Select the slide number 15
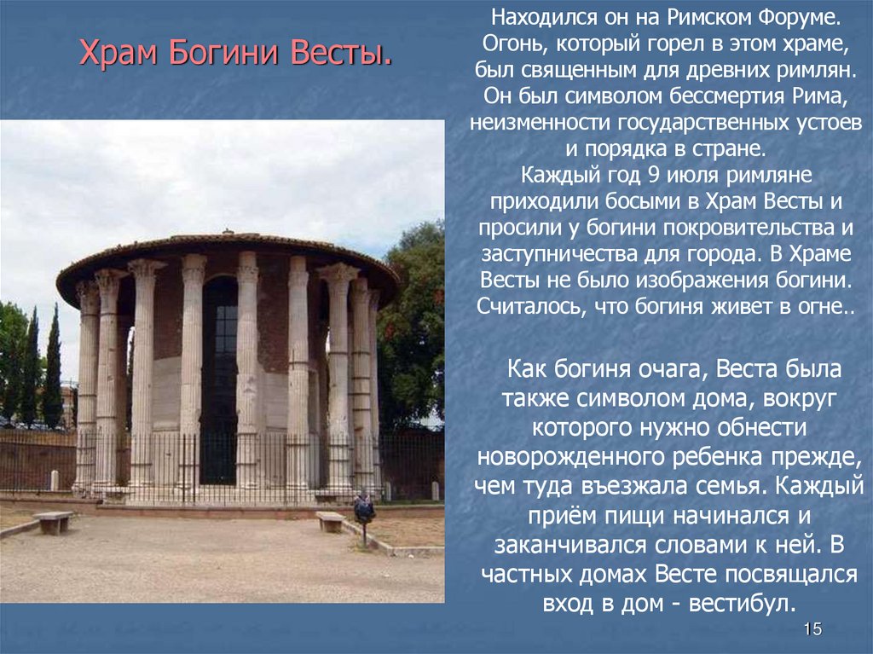pyautogui.click(x=812, y=630)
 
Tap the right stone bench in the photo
pyautogui.click(x=331, y=520)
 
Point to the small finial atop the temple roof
pyautogui.click(x=228, y=231)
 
